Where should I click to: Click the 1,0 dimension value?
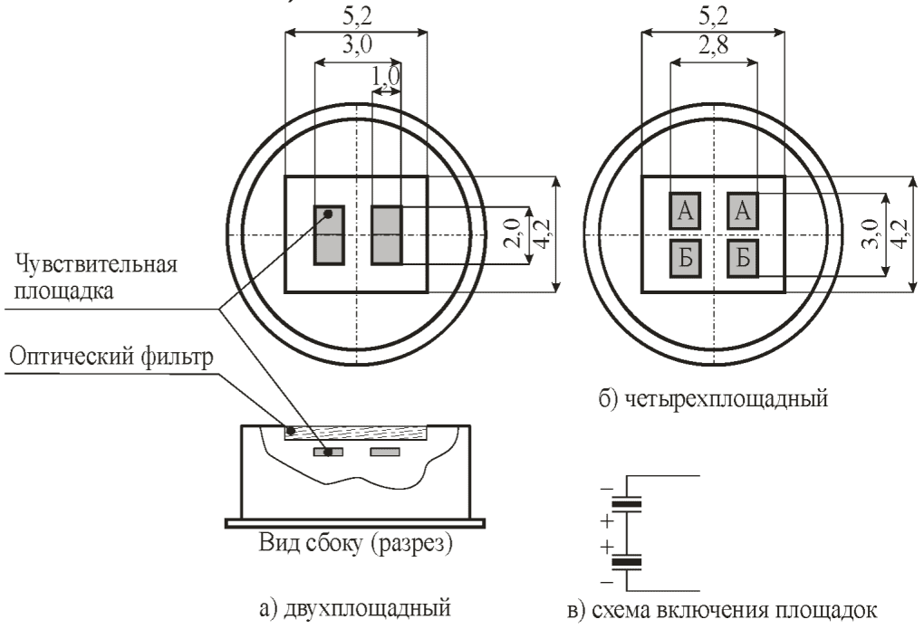pos(386,76)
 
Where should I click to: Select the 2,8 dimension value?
pos(713,44)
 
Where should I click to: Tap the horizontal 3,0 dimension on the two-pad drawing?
pos(357,44)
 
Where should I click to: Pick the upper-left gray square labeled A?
pos(684,210)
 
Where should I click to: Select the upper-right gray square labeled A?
pos(742,210)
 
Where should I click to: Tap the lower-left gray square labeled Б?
pos(684,259)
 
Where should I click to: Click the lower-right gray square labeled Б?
pos(742,259)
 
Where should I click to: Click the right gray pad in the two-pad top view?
pos(386,235)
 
